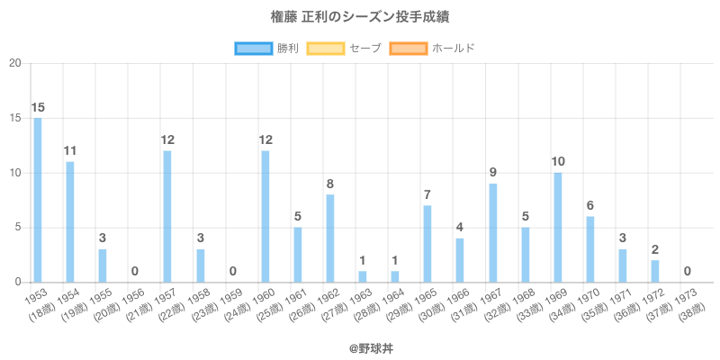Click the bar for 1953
point(37,200)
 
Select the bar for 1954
point(69,221)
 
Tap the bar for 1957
point(167,216)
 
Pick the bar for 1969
point(558,227)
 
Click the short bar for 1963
point(363,276)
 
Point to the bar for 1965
point(427,243)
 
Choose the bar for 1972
point(655,271)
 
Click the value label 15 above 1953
point(37,108)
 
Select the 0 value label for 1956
point(135,272)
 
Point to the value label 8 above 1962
point(330,184)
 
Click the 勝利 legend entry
point(265,48)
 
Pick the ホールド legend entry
point(432,48)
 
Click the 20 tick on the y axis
point(15,63)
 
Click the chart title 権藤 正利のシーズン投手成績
point(360,17)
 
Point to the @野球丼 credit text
point(360,346)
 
